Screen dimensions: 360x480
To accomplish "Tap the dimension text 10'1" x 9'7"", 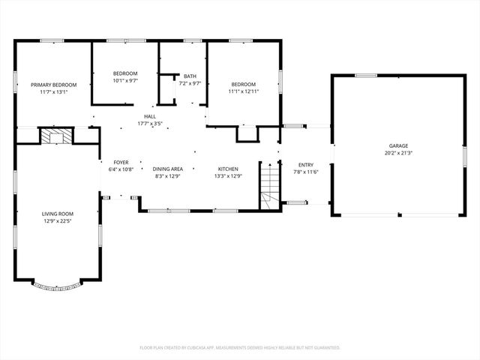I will click(x=124, y=80).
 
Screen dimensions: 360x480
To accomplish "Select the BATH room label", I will click(x=190, y=76).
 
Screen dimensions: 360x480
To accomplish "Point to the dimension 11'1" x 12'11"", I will click(x=243, y=91).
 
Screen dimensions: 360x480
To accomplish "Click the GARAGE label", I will click(x=398, y=145).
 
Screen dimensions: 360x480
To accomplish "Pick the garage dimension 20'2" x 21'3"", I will click(x=398, y=152).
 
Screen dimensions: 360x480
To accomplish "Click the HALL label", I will click(x=150, y=117).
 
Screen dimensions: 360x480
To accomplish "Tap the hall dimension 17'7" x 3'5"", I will click(x=150, y=124).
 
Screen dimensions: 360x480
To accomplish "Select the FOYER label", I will click(x=121, y=163).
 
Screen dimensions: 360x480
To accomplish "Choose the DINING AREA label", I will click(x=169, y=169).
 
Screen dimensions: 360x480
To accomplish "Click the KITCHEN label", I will click(x=228, y=169).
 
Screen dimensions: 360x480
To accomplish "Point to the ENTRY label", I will click(x=306, y=165).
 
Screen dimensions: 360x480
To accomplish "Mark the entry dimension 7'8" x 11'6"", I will click(x=306, y=172).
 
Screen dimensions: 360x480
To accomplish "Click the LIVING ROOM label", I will click(x=57, y=214).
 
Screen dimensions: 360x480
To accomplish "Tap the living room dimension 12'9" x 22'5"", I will click(x=57, y=220).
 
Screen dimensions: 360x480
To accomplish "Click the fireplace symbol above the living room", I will click(x=54, y=136).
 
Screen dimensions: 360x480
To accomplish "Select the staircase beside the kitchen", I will click(x=269, y=186).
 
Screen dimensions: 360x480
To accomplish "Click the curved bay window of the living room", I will click(x=57, y=286).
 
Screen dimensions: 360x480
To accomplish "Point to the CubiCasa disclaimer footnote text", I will click(x=240, y=347).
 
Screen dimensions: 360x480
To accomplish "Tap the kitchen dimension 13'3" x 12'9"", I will click(x=228, y=175).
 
